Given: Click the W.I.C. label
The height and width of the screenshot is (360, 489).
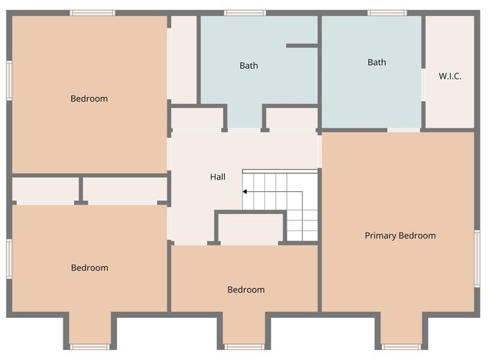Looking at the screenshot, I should (x=449, y=76).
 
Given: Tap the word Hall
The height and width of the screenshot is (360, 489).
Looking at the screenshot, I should (x=218, y=177).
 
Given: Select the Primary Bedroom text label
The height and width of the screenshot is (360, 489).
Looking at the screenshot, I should (x=400, y=235).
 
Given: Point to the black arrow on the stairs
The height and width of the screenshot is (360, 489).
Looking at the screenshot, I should (x=246, y=191).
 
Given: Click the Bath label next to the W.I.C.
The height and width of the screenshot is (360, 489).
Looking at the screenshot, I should (x=377, y=62).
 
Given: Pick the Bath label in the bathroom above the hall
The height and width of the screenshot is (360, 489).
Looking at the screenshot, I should (x=248, y=66).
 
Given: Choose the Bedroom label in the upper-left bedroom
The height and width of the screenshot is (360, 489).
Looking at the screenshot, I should (x=89, y=99).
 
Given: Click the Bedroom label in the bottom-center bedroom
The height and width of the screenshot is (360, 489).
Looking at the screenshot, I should (x=246, y=290).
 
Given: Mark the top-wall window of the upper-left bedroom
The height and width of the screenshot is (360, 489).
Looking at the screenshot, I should (x=92, y=12).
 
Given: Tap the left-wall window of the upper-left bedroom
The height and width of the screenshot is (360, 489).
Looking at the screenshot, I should (x=9, y=80).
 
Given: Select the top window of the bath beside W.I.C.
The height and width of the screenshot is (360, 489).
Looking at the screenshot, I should (x=387, y=12).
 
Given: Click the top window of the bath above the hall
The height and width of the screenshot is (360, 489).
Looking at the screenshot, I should (x=245, y=12).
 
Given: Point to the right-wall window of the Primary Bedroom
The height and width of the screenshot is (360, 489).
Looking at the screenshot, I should (x=477, y=259).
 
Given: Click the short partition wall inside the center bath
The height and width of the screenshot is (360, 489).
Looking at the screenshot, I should (x=302, y=46).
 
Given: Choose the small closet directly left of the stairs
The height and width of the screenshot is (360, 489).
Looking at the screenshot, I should (x=251, y=229).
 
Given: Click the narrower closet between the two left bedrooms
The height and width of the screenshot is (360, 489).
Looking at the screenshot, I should (x=46, y=190).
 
